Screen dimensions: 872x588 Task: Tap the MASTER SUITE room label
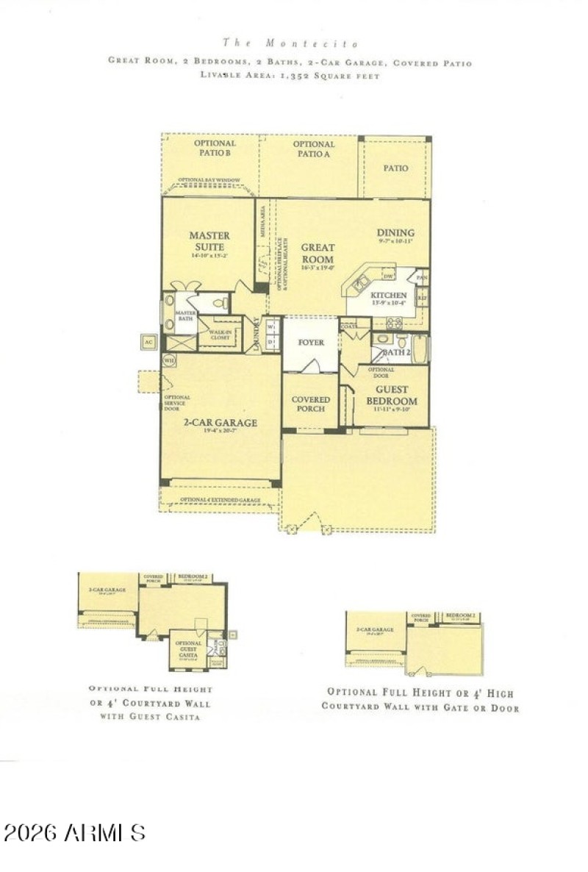[209, 240]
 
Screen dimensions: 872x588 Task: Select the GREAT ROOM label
[318, 254]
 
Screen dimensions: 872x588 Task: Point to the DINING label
[395, 233]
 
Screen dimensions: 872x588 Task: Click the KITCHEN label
[389, 295]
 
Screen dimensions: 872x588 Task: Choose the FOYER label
[311, 343]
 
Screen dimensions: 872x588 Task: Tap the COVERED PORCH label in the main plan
[311, 405]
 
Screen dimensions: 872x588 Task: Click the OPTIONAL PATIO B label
[215, 148]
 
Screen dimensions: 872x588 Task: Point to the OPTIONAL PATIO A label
[314, 149]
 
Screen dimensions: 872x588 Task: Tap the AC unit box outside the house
[148, 342]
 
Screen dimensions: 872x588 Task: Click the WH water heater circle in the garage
[169, 361]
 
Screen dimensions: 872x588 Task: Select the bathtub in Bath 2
[421, 349]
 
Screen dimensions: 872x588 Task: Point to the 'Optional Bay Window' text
[209, 180]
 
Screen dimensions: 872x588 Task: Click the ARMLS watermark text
[74, 832]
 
